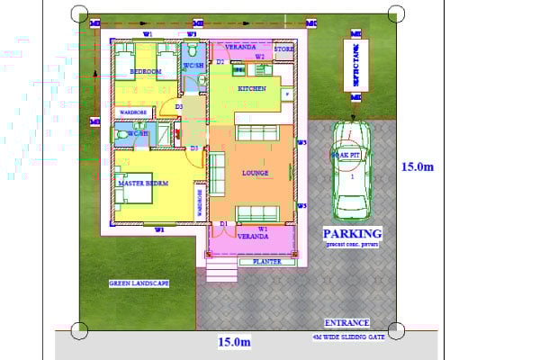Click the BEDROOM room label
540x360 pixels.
pos(145,70)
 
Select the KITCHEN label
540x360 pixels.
pos(251,89)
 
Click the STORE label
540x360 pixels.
pos(283,49)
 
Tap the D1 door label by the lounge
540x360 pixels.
pos(222,223)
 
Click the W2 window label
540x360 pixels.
pos(259,57)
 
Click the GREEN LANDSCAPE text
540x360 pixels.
pos(139,283)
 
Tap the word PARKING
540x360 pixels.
pos(352,234)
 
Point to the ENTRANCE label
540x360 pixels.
pos(346,322)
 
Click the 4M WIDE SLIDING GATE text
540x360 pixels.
pos(347,337)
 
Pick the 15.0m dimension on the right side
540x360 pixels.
pos(417,166)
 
